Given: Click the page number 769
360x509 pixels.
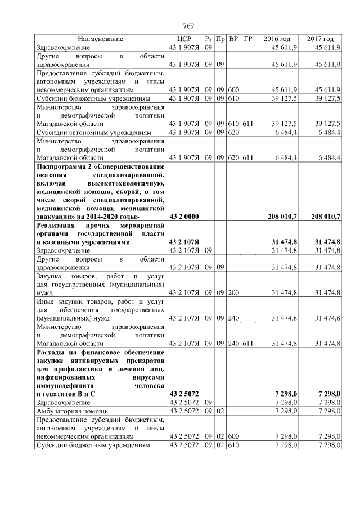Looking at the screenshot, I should point(188,26).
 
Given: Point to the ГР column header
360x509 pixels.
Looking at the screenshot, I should point(248,39).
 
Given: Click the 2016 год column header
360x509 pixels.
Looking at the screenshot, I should point(277,39).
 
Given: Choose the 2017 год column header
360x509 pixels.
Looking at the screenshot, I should point(320,39).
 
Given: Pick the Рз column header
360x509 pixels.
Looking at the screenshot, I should point(208,39).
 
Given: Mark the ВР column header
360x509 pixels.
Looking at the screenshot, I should point(234,39).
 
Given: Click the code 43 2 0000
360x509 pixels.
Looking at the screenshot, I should point(184,217).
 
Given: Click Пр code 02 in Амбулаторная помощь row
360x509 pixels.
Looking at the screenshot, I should point(221,412).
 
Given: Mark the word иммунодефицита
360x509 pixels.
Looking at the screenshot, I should point(64,385).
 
